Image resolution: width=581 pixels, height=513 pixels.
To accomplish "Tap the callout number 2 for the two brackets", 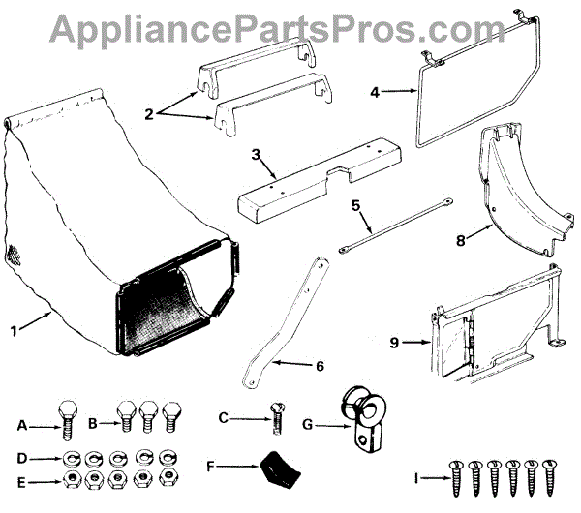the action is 150,113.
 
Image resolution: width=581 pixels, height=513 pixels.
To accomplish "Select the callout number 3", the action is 256,154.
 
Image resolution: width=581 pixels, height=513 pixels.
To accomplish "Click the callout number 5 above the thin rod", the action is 355,205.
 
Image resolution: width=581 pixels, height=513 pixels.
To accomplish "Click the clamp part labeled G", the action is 360,422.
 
